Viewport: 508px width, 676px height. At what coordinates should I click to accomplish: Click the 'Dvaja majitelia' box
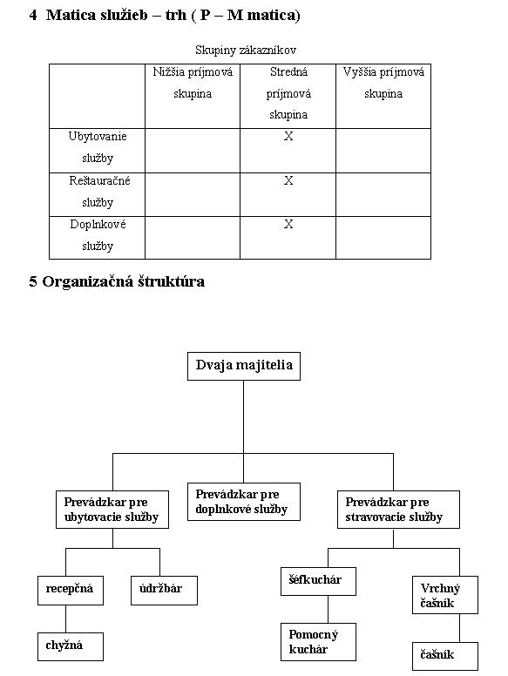(244, 366)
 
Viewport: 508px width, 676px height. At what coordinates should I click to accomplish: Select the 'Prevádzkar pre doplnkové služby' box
(244, 502)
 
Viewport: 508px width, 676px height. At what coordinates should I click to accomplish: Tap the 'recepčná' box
(71, 591)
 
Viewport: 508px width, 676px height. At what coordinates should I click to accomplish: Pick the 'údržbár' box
(164, 591)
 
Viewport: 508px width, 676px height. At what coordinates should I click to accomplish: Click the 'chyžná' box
(71, 646)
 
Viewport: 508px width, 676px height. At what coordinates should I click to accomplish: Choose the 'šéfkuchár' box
(318, 581)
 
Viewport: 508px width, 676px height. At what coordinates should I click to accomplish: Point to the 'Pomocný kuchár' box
(318, 641)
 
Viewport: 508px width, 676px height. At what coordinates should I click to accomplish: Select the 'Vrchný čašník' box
(445, 595)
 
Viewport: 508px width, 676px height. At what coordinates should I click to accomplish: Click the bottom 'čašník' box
(445, 656)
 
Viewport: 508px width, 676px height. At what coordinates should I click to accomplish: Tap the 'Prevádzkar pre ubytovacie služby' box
(112, 509)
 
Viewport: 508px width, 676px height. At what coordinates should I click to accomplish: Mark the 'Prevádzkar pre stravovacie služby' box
(398, 509)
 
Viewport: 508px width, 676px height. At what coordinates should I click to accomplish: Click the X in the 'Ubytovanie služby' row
(288, 136)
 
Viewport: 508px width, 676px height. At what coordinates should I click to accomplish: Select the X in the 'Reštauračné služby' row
(288, 180)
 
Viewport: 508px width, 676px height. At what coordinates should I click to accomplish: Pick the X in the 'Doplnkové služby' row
(288, 224)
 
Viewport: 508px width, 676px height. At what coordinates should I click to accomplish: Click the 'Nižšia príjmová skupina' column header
(193, 83)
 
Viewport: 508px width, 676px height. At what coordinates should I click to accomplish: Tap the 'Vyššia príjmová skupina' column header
(383, 83)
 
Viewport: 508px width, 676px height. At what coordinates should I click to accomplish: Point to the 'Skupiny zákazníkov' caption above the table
(246, 50)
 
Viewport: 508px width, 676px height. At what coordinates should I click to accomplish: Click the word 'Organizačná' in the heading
(87, 281)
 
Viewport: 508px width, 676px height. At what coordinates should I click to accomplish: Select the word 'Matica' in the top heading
(71, 15)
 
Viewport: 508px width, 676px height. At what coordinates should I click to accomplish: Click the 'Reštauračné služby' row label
(98, 192)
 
